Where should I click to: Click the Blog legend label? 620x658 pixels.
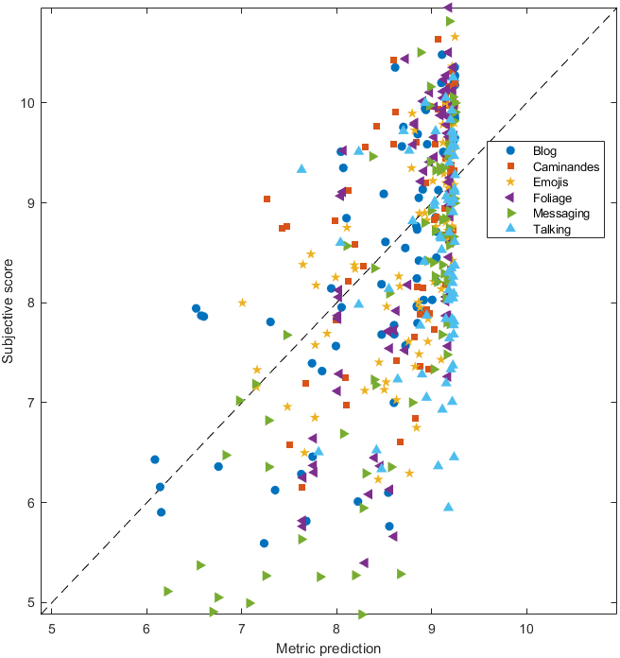pyautogui.click(x=544, y=151)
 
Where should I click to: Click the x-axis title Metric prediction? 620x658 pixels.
pyautogui.click(x=328, y=649)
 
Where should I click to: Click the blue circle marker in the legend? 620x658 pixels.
pyautogui.click(x=510, y=151)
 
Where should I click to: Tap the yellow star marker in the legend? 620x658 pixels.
pyautogui.click(x=510, y=182)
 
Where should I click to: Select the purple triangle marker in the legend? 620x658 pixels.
pyautogui.click(x=510, y=199)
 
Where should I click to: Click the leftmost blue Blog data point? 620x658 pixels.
pyautogui.click(x=155, y=459)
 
